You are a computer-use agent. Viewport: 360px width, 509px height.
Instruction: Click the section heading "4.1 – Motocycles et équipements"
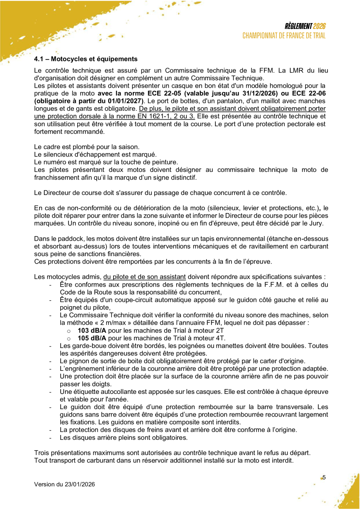tap(86, 59)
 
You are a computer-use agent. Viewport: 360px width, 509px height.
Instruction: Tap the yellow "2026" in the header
tap(319, 27)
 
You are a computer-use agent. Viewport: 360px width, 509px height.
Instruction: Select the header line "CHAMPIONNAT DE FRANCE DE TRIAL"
tap(284, 36)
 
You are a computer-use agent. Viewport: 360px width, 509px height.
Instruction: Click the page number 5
tap(324, 477)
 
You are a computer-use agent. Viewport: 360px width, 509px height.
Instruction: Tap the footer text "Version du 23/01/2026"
tap(65, 484)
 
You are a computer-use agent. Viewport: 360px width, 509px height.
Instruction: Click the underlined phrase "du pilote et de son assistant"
tap(145, 277)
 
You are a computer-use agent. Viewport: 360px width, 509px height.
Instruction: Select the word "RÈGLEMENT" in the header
tap(298, 27)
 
